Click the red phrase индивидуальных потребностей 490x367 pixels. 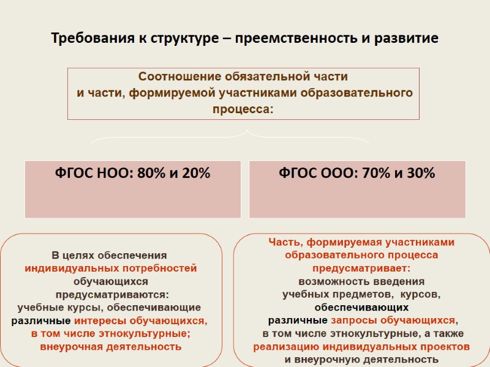click(x=111, y=268)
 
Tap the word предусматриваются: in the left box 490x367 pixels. click(x=111, y=294)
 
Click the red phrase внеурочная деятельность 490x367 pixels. click(x=111, y=346)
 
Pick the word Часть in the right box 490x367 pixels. click(x=282, y=242)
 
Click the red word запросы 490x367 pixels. click(x=352, y=320)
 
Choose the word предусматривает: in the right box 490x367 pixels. click(x=361, y=268)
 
